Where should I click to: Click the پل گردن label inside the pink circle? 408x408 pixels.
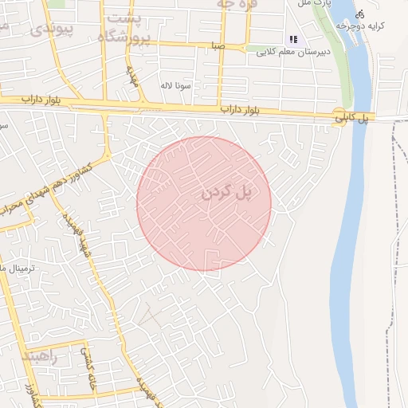(226, 192)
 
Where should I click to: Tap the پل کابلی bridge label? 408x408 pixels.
(351, 117)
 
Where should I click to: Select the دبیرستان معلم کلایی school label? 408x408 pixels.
(296, 52)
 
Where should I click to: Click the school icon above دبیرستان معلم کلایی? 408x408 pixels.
(293, 39)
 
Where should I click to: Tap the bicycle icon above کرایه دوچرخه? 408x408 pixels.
(360, 14)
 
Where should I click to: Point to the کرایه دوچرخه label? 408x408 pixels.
(360, 26)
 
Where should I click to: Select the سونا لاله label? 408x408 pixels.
(177, 84)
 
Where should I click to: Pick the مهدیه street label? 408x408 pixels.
(132, 76)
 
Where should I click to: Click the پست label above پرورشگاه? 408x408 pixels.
(125, 18)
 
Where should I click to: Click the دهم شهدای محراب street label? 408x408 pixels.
(28, 202)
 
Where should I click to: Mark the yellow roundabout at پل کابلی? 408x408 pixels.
(340, 117)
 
